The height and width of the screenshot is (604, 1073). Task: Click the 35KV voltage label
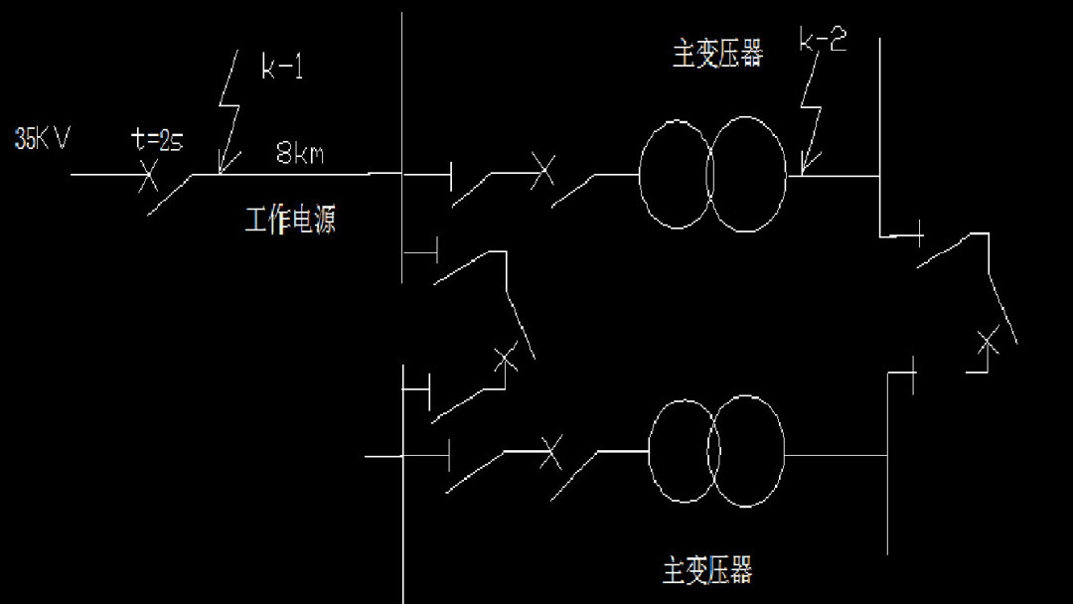click(42, 138)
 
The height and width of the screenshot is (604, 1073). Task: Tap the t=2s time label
click(157, 140)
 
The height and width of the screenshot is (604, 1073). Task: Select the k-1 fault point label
click(282, 68)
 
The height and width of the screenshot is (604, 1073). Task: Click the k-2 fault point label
click(824, 42)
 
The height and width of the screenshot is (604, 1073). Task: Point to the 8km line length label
click(299, 154)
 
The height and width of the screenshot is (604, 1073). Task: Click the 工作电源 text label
click(290, 219)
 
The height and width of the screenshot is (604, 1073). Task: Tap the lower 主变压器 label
click(707, 570)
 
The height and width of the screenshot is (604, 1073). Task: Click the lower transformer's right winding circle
click(748, 452)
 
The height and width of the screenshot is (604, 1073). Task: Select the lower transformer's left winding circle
click(685, 452)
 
